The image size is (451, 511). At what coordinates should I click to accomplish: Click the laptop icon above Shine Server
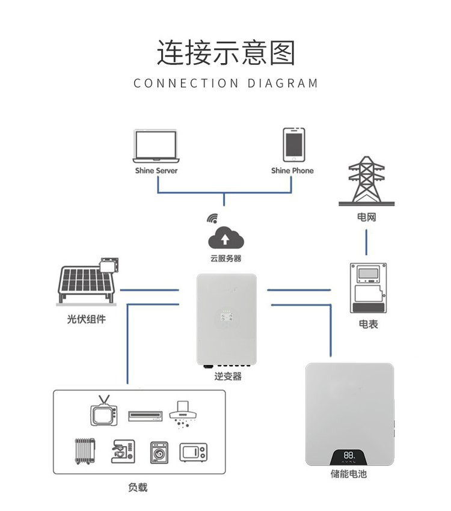point(156,146)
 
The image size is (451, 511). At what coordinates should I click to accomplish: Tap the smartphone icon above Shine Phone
point(294,145)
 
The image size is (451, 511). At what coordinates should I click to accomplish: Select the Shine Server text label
point(156,171)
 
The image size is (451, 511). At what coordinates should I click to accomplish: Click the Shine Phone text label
point(292,171)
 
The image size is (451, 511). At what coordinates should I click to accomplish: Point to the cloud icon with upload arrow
point(226,238)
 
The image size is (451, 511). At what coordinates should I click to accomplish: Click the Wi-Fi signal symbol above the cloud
point(212,219)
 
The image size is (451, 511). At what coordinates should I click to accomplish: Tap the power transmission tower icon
point(367,181)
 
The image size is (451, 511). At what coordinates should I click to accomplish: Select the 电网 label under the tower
point(367,217)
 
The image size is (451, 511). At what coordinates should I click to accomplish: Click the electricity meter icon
point(368,288)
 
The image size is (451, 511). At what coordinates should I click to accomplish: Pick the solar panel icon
point(87,282)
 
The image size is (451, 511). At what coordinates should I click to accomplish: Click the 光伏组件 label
point(87,319)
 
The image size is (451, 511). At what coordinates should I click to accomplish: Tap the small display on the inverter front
point(227,316)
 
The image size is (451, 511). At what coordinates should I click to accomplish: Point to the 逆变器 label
point(228,376)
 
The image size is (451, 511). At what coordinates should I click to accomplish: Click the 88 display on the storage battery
point(348,455)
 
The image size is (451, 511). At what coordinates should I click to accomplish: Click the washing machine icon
point(159,453)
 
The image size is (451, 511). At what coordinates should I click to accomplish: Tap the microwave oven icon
point(193,452)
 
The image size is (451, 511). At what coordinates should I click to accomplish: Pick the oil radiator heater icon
point(85,451)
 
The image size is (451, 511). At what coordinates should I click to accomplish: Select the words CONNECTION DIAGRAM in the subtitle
point(226,83)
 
